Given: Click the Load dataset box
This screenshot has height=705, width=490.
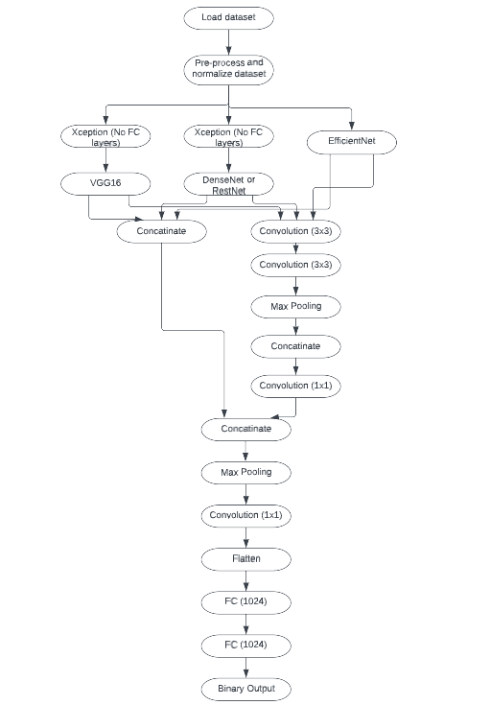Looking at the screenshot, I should tap(227, 17).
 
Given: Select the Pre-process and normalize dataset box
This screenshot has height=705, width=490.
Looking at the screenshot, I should tap(227, 68).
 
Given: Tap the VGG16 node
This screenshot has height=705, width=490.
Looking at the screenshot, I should tap(105, 180).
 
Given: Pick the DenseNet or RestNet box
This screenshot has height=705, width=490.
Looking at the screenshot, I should tap(227, 185).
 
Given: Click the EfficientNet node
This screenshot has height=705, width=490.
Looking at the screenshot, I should tap(352, 141).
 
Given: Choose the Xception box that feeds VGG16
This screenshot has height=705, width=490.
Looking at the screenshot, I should tap(105, 137).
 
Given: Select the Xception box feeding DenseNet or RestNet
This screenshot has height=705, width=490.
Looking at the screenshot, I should tap(227, 137).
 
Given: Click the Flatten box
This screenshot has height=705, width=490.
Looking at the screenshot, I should tap(245, 557).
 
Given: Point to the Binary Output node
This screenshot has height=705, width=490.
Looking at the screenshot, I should tap(245, 688).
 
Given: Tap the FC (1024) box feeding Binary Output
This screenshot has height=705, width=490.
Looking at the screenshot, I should tap(245, 645).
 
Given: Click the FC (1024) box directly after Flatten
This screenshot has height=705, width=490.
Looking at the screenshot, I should tap(245, 601).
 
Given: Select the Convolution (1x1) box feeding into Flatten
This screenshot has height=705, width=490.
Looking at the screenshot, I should tap(245, 515).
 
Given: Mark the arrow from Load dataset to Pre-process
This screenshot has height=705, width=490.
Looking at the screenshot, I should tap(227, 42).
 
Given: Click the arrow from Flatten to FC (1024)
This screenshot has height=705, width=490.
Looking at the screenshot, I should tap(245, 579).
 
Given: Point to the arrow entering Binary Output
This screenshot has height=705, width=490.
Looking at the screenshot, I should tap(245, 667).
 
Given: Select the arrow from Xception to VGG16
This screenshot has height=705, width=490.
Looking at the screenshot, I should tap(105, 159).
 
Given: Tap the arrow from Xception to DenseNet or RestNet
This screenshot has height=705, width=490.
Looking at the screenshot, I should tap(227, 161).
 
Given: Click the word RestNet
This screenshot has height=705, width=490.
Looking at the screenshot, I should tap(228, 191).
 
